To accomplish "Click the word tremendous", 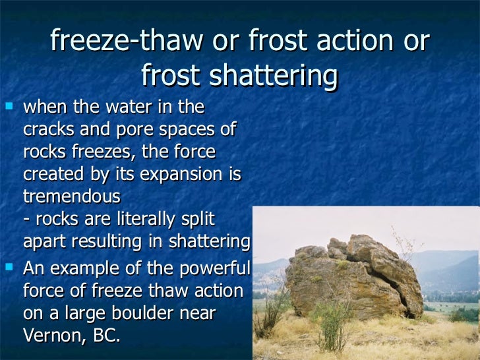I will pyautogui.click(x=72, y=196).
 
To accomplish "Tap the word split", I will pyautogui.click(x=196, y=219).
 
